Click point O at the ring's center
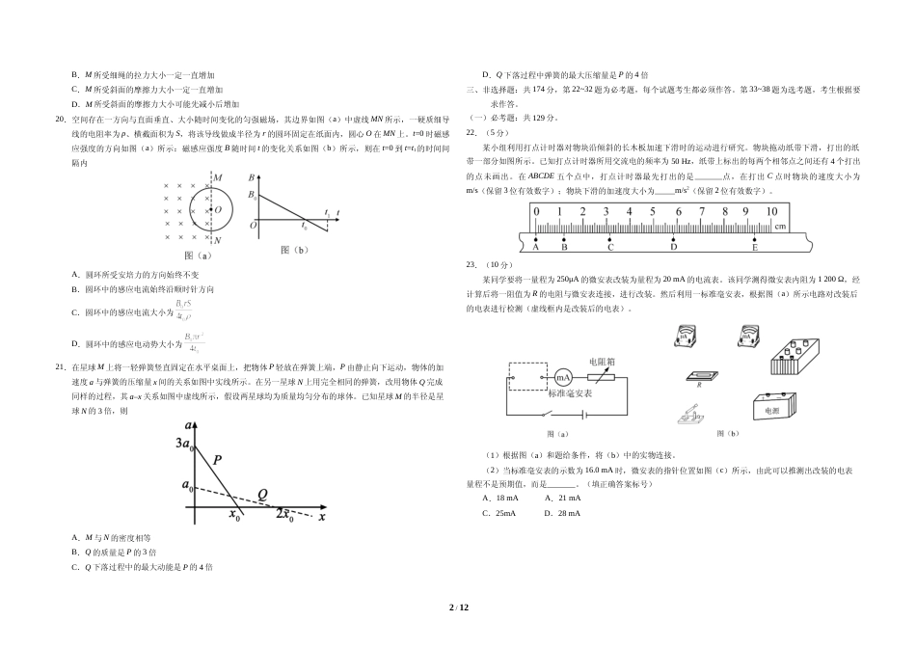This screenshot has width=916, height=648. pos(216,208)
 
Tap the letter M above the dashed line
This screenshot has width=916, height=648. pos(218,177)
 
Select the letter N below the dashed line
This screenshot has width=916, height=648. pos(218,240)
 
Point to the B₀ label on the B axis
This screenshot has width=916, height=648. pos(253,195)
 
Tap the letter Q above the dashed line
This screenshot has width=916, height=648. pos(261,495)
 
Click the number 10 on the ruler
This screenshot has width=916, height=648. pos(771,211)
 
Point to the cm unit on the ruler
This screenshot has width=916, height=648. pos(781,227)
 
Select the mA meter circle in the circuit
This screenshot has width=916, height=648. pos(564,376)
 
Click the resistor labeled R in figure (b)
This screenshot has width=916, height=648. pos(699,377)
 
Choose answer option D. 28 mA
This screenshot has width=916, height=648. pos(562,513)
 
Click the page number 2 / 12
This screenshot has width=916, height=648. pos(457,607)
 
